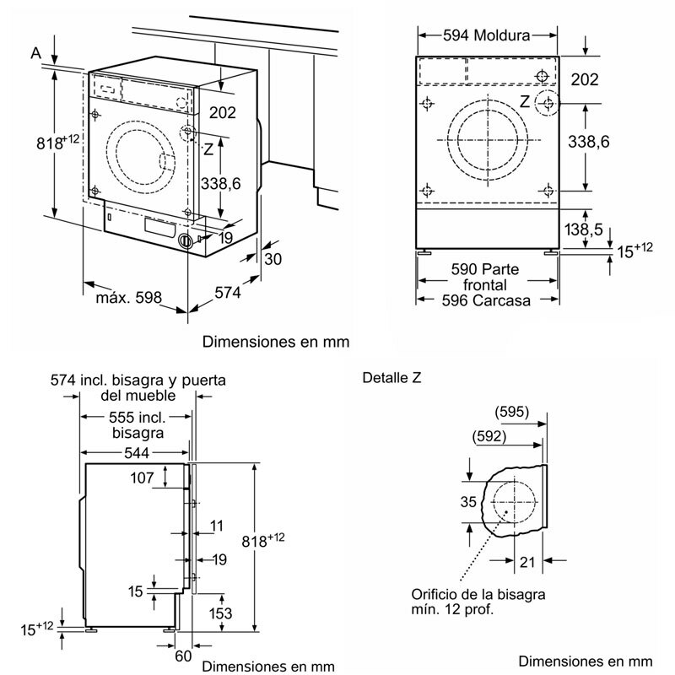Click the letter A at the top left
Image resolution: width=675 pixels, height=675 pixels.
36,53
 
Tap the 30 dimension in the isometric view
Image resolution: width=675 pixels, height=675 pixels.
273,259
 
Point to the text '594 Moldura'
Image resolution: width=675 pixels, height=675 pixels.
487,35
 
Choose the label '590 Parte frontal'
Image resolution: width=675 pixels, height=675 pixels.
485,276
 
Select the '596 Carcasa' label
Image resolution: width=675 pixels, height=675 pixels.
485,300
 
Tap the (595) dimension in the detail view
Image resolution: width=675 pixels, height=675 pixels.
512,412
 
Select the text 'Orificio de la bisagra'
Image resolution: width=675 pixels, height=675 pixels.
478,594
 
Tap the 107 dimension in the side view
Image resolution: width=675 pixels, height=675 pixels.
143,478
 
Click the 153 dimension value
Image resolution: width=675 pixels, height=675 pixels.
220,614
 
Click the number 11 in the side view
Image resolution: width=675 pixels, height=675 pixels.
217,526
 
